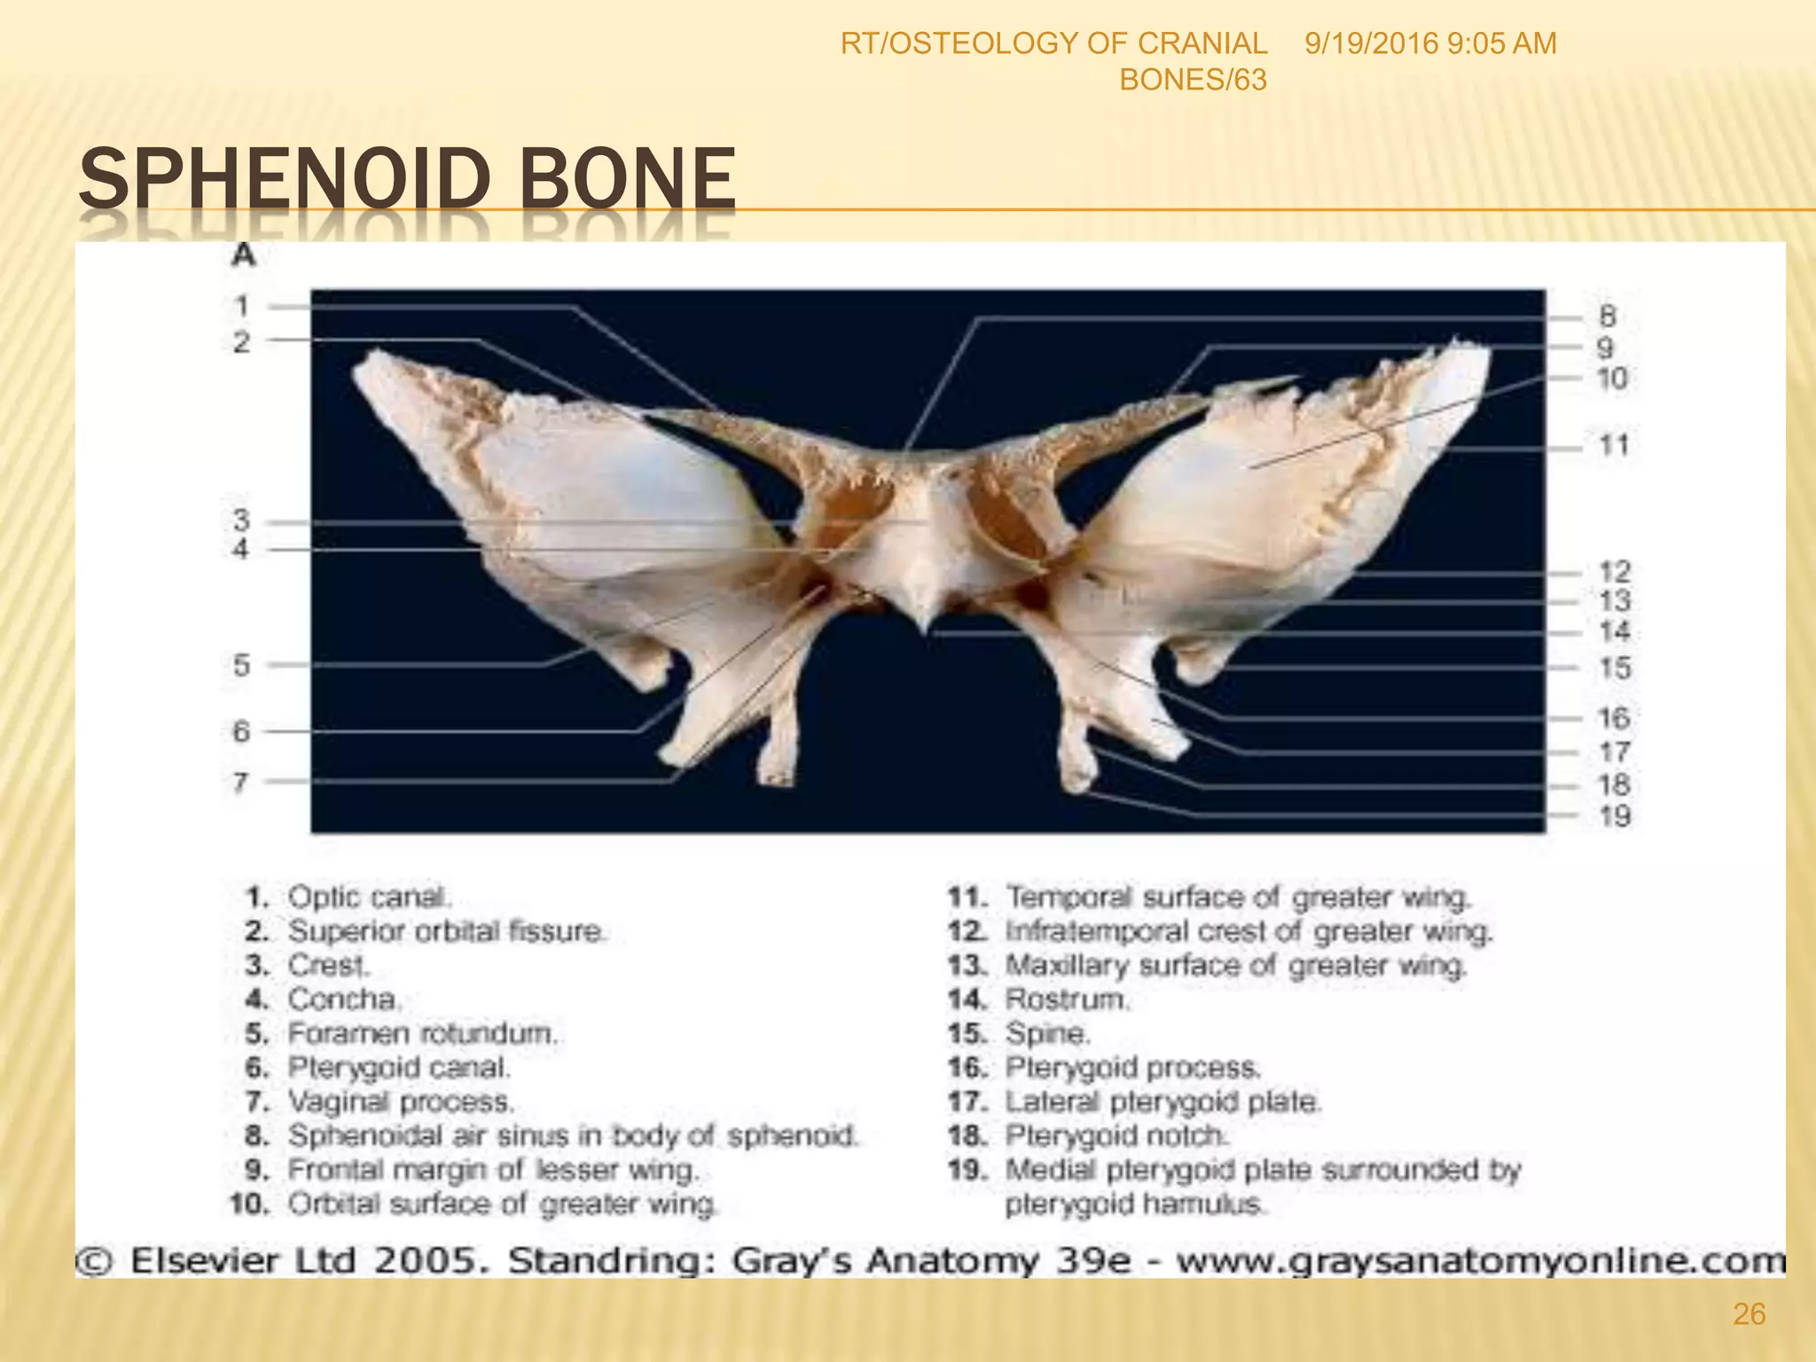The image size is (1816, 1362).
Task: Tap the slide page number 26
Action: point(1749,1314)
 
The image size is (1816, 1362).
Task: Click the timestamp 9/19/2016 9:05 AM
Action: point(1430,43)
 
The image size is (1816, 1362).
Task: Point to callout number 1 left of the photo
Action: point(242,307)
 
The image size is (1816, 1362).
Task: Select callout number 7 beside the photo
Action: point(241,782)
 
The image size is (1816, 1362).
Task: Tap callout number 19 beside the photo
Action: point(1615,816)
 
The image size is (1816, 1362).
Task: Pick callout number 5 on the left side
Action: point(241,665)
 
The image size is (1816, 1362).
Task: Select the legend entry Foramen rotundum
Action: point(422,1034)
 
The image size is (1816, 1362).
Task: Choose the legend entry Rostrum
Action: point(1068,999)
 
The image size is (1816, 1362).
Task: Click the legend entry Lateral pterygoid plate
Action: point(1162,1102)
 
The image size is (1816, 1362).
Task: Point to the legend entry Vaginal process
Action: point(401,1102)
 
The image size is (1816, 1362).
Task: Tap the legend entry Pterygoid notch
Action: point(1116,1136)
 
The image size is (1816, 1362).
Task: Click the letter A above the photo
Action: point(243,257)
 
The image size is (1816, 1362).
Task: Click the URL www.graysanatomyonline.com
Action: point(1479,1260)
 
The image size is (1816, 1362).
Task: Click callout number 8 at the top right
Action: point(1607,316)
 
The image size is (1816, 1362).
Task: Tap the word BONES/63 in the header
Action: point(1193,81)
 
